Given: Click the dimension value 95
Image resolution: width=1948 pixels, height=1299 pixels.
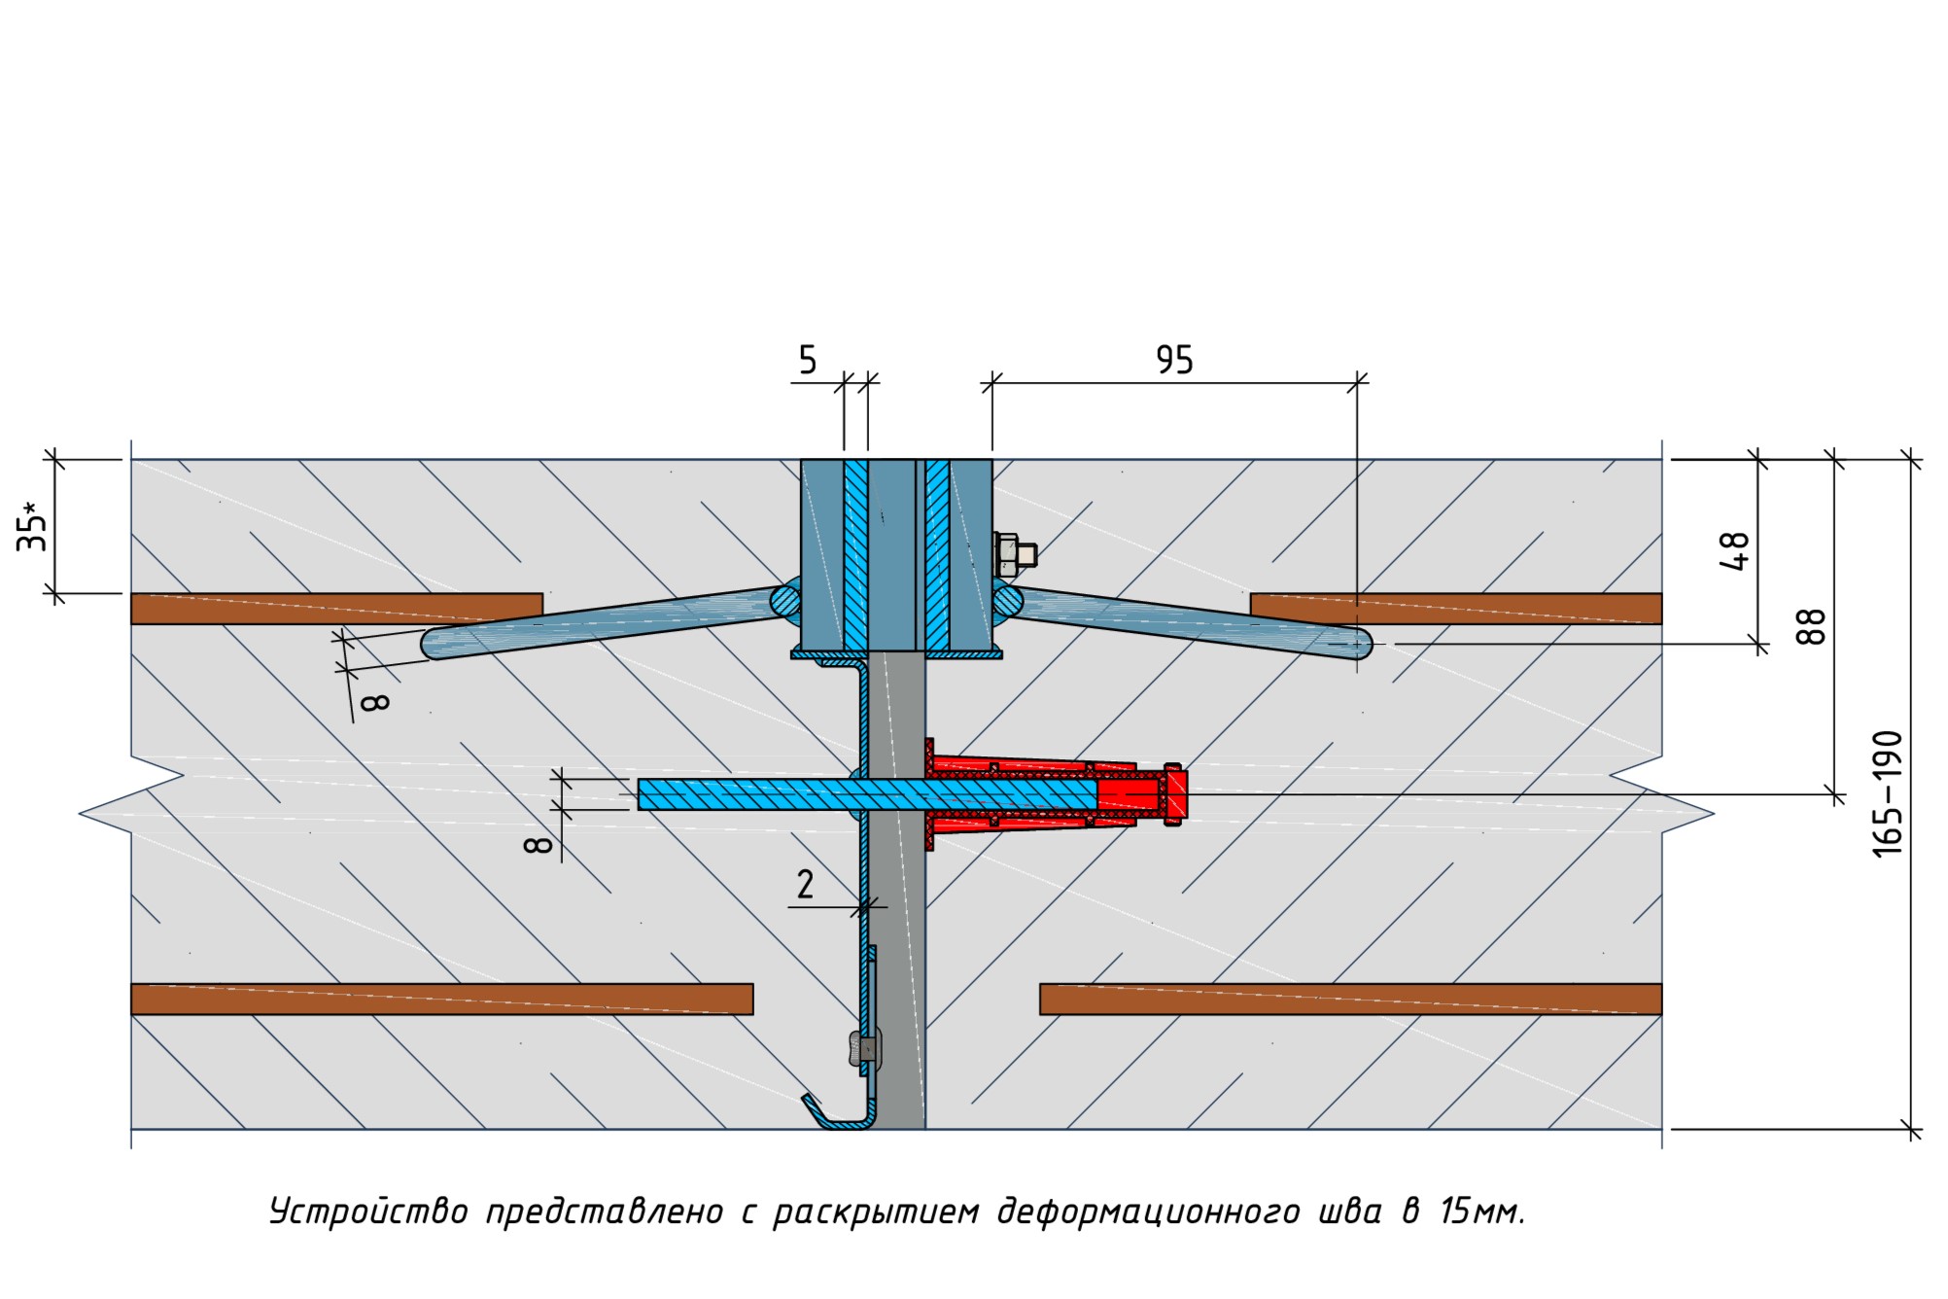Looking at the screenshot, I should pos(1173,360).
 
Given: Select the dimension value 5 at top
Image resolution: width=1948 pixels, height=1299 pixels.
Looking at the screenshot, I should pos(808,360).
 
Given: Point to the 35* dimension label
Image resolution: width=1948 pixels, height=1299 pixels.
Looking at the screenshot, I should pos(32,526).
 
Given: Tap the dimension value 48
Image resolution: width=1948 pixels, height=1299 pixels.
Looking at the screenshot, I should pos(1734,550).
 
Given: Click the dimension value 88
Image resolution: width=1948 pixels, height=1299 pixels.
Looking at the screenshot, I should pos(1811,627).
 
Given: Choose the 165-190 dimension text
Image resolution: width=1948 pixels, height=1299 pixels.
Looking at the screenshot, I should pos(1887,793).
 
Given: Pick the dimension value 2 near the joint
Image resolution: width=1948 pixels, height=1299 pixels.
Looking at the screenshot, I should pos(805,884).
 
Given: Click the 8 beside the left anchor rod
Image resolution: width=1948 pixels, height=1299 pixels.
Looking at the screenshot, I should pos(374,701).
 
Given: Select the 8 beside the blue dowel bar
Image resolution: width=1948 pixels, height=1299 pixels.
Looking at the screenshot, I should pos(538,844).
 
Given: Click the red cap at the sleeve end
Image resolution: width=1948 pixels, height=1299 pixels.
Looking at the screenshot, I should pos(1174,794).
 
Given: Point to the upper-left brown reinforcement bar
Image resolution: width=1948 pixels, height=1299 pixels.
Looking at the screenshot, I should pos(336,608).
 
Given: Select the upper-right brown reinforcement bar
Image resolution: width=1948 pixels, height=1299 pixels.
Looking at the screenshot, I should pos(1455,608).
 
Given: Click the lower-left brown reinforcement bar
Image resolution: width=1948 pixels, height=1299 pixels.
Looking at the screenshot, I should pos(441,999).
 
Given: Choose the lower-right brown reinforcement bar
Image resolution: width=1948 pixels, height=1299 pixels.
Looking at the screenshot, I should pos(1350,999).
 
